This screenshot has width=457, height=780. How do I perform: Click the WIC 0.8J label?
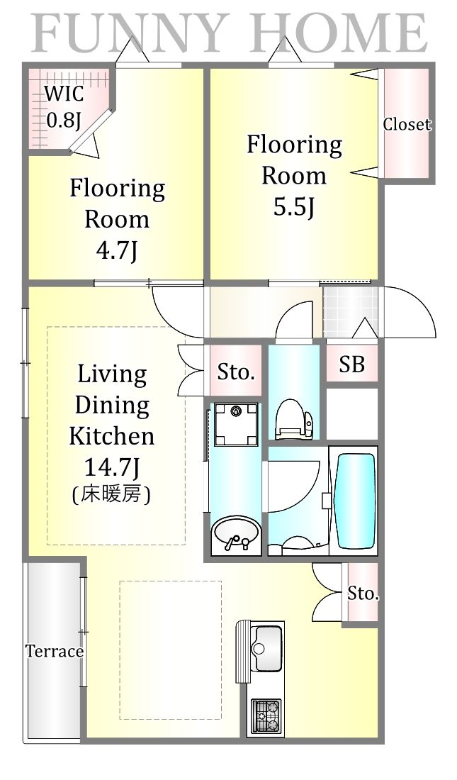coord(64,106)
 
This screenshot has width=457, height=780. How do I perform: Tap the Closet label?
coord(407,124)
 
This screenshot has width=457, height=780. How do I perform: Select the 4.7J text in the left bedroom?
coord(117,252)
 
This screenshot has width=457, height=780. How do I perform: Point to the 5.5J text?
coord(294,207)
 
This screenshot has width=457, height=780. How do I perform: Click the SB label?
coord(351,364)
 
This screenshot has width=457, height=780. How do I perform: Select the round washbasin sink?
coord(235,534)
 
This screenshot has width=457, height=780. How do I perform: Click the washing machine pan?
coord(236,424)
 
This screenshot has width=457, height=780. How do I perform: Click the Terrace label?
coord(55,651)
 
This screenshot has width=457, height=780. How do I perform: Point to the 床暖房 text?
coord(111,494)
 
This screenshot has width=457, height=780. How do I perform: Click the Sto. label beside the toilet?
coord(236,372)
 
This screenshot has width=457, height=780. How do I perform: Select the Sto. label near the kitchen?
coord(363,593)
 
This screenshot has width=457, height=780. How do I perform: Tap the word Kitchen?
coord(112,436)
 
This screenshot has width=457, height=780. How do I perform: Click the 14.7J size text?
coord(111,467)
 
